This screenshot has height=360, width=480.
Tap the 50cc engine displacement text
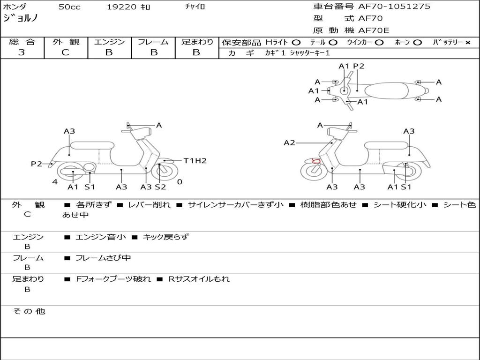(x=69, y=7)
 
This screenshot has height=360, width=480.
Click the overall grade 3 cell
(x=22, y=52)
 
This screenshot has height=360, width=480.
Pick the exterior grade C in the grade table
(x=65, y=52)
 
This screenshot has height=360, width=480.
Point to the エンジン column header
(x=109, y=42)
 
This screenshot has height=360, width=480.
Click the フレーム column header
(x=153, y=42)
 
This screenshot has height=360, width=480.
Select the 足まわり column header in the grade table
(x=197, y=42)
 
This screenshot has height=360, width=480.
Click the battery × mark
(x=468, y=43)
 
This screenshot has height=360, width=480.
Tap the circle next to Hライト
(x=296, y=43)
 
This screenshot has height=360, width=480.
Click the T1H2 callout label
(x=195, y=161)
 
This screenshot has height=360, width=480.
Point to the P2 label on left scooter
(x=37, y=164)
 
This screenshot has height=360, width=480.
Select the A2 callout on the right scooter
(x=289, y=142)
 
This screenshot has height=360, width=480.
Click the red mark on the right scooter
(x=316, y=161)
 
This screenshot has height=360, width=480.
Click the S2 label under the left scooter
(x=160, y=187)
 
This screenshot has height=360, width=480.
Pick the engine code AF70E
(x=374, y=30)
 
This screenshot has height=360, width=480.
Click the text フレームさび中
(x=103, y=258)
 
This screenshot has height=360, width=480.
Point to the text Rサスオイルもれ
(x=199, y=279)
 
